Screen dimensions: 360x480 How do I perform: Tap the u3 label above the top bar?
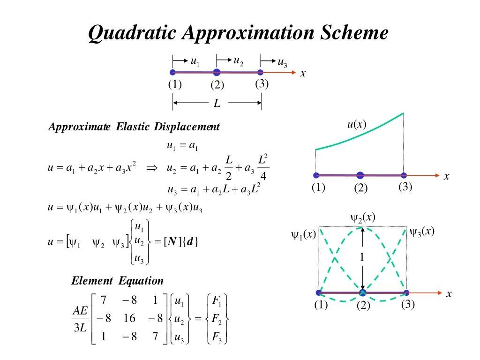[x=282, y=62]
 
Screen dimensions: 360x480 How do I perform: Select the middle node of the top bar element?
[x=217, y=72]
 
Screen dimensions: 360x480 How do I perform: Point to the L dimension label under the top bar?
[x=217, y=103]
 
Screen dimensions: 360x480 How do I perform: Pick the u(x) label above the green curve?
[x=356, y=124]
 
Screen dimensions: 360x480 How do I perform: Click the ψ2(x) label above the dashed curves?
[x=363, y=217]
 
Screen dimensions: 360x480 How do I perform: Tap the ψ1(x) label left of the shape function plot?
[x=304, y=234]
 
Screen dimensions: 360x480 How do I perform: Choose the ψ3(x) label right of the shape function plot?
[x=422, y=231]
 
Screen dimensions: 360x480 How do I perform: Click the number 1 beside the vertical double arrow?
[x=362, y=257]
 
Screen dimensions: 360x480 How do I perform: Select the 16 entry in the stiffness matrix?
[x=129, y=319]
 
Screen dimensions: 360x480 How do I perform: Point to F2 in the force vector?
[x=217, y=319]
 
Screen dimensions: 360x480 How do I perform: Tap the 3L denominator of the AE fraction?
[x=80, y=328]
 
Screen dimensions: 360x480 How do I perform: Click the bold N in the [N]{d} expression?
[x=172, y=242]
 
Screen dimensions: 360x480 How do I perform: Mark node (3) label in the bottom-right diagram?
[x=408, y=304]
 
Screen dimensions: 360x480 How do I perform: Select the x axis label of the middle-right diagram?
[x=446, y=177]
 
